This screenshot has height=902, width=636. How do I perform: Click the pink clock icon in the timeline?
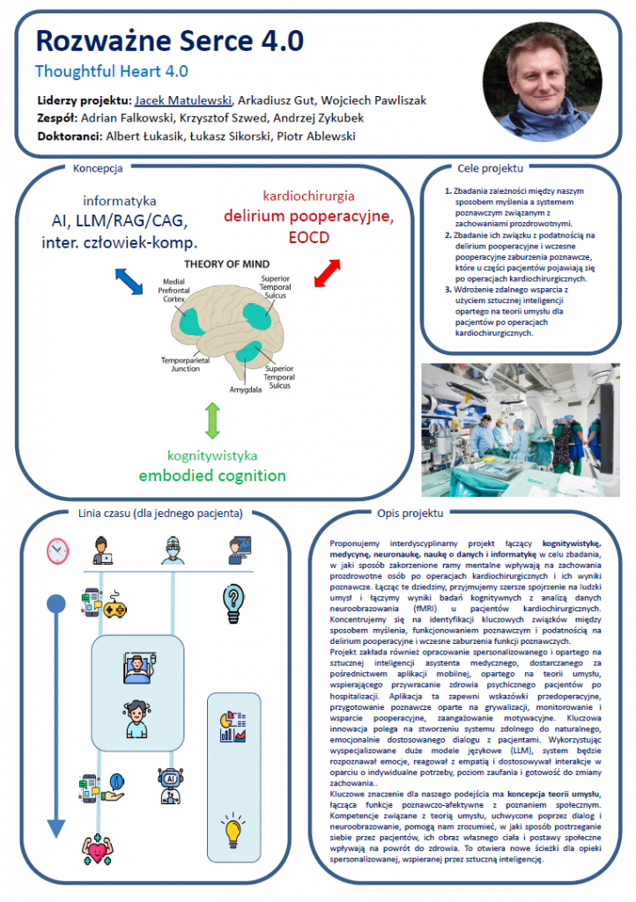[x=57, y=551]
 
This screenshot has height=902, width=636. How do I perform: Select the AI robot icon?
[x=171, y=786]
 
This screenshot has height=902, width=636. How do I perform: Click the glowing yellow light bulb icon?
[x=233, y=830]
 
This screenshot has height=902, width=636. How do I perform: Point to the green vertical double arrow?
[x=211, y=421]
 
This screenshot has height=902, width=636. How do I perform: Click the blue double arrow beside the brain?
[x=129, y=282]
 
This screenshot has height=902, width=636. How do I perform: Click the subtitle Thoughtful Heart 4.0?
[x=111, y=71]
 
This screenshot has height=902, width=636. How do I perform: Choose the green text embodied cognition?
[x=211, y=476]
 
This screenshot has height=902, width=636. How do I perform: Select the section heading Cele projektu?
[x=491, y=167]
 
